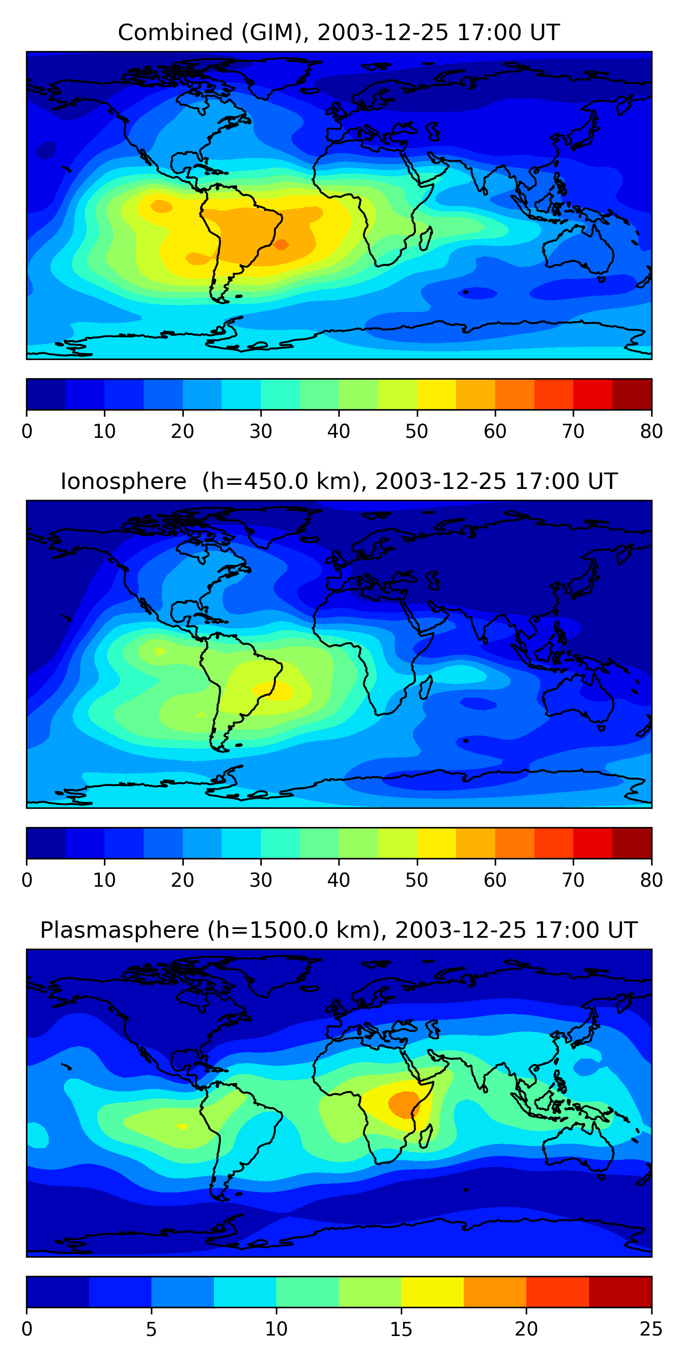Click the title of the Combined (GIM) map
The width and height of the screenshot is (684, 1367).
tap(338, 33)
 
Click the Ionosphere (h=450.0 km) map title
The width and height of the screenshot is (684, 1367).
tap(338, 482)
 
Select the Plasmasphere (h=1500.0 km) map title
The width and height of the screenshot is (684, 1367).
tap(338, 930)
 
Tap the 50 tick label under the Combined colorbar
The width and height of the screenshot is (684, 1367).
tap(416, 432)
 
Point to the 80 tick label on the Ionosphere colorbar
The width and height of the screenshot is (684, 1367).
tap(651, 880)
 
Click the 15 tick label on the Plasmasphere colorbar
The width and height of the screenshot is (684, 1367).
tap(401, 1329)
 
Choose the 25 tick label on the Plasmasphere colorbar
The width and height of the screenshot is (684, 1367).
tap(651, 1329)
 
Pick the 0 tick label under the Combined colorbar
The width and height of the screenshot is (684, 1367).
tap(27, 432)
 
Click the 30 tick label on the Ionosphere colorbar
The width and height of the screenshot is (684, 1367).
tap(260, 880)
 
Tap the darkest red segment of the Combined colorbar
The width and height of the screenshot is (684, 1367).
tap(632, 394)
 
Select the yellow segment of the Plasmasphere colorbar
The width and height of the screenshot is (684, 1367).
tap(432, 1292)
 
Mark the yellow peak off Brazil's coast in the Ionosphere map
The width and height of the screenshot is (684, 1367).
tap(274, 690)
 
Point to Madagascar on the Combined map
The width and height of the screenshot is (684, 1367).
tap(425, 238)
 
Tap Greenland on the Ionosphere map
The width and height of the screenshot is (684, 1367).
tap(281, 523)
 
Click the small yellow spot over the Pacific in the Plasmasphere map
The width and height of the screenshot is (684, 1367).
tap(181, 1126)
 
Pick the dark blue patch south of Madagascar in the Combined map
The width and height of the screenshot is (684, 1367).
tap(478, 293)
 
